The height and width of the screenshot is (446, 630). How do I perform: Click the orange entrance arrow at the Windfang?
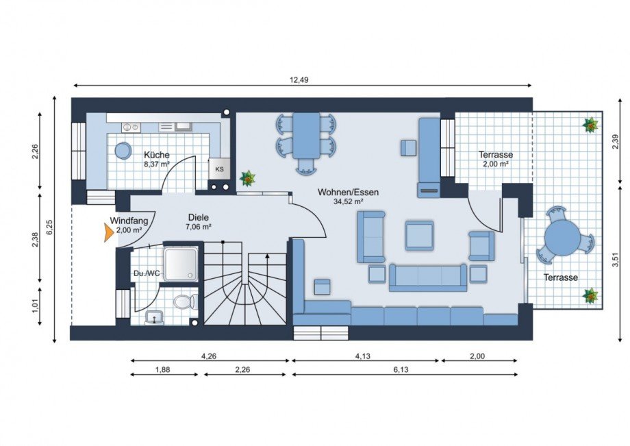tap(108, 233)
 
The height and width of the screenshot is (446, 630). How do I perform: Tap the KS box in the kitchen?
tap(219, 169)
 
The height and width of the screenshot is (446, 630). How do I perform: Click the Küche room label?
tap(157, 155)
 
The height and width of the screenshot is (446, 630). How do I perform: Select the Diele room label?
tap(199, 217)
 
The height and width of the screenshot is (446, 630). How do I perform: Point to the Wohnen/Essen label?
tap(348, 192)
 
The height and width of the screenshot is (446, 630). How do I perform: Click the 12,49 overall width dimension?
tap(299, 79)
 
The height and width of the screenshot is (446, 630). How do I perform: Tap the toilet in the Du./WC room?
tap(186, 302)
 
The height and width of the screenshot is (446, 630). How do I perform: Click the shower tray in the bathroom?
tap(181, 264)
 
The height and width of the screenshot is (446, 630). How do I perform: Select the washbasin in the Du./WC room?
tap(155, 317)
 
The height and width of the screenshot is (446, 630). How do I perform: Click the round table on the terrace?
tap(562, 236)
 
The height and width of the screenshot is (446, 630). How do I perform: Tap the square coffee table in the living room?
tap(419, 236)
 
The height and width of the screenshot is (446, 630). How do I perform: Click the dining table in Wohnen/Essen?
tap(306, 136)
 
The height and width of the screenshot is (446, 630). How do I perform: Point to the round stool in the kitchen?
tap(123, 151)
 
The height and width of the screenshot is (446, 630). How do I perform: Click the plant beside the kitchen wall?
tap(248, 178)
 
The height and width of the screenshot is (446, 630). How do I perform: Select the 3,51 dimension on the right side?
tap(616, 262)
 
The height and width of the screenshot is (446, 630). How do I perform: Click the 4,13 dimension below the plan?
tap(363, 356)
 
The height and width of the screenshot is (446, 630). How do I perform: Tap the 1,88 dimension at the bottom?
tap(162, 370)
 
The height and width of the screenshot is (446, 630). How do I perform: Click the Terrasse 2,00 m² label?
tap(495, 159)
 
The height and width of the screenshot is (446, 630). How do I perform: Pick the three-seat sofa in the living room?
tap(428, 277)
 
